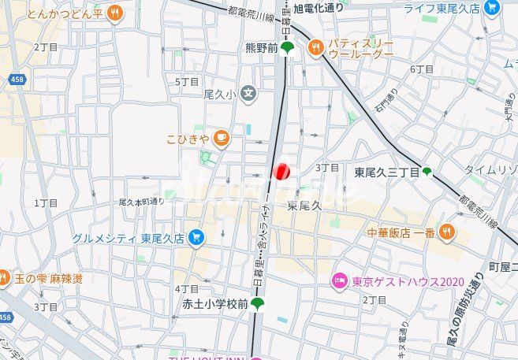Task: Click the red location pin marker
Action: pos(281,171)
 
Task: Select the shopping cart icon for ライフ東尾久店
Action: pos(493,9)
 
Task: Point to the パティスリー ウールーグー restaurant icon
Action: pos(316,48)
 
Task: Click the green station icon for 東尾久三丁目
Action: pos(427,171)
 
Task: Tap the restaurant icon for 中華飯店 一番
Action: pos(447,232)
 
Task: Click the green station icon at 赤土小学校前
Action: pos(257,303)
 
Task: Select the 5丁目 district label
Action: pos(186,81)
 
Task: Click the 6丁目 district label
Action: pos(423,69)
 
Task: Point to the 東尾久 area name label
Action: pos(305,206)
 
